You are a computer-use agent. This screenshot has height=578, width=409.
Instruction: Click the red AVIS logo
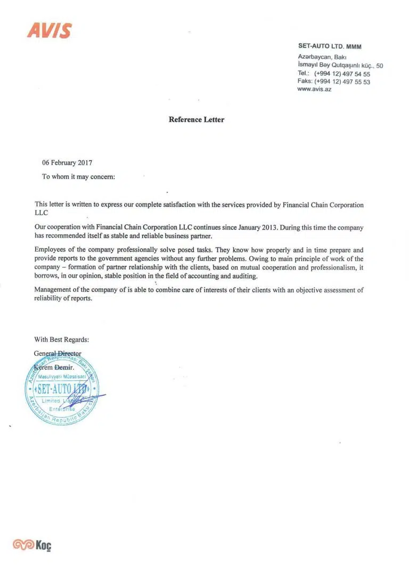tap(49, 31)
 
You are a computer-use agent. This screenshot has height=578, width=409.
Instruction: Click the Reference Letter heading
tap(197, 120)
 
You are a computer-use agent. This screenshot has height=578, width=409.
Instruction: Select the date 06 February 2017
tap(67, 163)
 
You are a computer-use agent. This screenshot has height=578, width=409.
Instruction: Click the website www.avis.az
tap(314, 89)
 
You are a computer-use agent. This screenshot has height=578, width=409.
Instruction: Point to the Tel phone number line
tap(333, 74)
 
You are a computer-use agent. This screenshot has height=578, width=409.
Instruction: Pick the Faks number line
tap(333, 82)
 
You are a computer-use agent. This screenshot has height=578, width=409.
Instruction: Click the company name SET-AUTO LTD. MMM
tap(330, 46)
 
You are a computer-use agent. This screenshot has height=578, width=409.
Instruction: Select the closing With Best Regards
tap(62, 339)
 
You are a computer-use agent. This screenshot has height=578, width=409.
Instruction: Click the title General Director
tap(58, 353)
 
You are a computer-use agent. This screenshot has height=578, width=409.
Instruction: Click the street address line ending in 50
tap(340, 65)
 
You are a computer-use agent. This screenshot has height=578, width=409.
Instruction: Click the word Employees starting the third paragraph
tap(50, 250)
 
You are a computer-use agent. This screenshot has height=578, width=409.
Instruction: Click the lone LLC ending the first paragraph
tap(41, 213)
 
